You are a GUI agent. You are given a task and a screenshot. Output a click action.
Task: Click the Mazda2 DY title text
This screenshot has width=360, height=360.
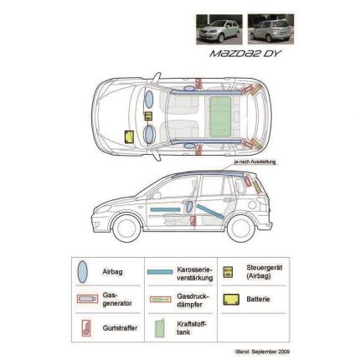click(244, 54)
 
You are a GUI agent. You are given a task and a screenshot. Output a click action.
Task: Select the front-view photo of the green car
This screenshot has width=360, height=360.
click(219, 29)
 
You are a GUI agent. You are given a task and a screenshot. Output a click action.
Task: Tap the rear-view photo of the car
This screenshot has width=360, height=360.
click(270, 29)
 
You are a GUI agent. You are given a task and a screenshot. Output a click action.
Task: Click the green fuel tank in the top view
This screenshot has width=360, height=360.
click(220, 116)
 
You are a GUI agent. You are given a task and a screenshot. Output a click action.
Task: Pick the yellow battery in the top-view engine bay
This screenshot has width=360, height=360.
click(129, 136)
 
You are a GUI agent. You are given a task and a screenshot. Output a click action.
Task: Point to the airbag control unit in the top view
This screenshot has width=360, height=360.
click(148, 116)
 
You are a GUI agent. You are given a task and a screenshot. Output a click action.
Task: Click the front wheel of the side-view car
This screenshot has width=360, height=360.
click(126, 228)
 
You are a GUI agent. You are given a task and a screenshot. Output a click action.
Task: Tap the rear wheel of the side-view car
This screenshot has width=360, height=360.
click(241, 229)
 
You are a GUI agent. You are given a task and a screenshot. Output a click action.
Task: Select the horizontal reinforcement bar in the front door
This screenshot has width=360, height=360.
click(165, 209)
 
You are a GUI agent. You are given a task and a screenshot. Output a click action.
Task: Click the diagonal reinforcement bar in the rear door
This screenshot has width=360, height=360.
click(210, 211)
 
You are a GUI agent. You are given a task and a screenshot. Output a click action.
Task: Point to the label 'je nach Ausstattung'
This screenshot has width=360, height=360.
click(255, 162)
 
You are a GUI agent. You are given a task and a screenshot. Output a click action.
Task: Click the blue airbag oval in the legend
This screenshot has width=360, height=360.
click(83, 272)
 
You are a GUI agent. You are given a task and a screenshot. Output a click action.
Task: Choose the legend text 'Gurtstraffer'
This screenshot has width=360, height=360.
click(120, 328)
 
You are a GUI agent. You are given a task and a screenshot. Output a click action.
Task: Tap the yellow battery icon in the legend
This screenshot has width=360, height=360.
click(231, 299)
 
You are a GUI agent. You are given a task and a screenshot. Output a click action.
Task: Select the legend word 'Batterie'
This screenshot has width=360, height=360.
click(258, 299)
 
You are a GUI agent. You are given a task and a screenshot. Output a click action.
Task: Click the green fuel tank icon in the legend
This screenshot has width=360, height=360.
click(160, 328)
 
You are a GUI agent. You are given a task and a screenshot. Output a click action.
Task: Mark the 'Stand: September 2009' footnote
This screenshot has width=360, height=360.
click(262, 352)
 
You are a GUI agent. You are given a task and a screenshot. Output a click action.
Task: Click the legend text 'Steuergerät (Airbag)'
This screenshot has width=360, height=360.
click(264, 272)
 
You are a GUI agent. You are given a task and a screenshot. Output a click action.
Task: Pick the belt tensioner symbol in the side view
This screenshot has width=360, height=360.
click(193, 220)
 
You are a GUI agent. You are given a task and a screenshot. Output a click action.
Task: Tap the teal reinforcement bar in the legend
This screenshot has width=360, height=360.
click(160, 272)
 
